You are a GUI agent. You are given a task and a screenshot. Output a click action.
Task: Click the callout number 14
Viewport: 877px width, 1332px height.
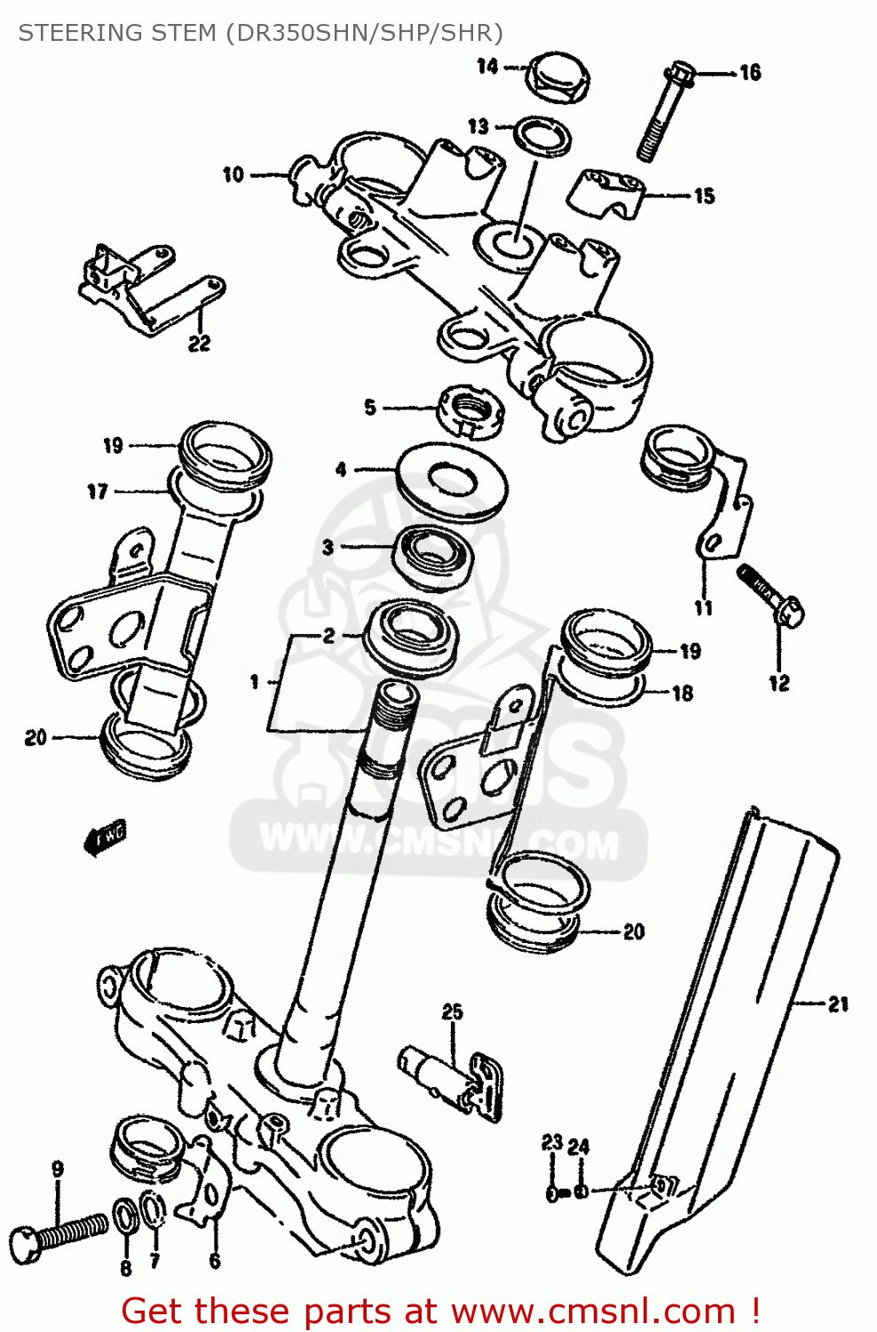coord(487,66)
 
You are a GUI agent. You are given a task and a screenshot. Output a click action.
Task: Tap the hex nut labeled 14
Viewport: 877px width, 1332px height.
coord(557,78)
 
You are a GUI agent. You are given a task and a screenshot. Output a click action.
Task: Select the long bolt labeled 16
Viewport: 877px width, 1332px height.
coord(664,113)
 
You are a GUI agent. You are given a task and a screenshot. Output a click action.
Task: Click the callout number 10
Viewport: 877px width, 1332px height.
coord(233,174)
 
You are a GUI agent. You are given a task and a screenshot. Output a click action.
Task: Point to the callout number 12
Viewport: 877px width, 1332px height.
coord(778,683)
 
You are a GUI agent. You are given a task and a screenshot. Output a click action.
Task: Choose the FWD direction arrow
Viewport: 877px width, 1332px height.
coord(105,837)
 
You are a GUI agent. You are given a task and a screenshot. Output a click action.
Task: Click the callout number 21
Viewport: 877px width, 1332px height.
coord(838,1004)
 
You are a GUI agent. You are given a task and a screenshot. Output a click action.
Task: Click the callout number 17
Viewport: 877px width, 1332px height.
coord(98,491)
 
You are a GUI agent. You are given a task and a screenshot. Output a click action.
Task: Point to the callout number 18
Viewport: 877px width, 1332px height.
coord(682,693)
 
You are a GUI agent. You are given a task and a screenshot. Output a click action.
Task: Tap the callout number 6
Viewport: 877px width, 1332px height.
coord(214,1259)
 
